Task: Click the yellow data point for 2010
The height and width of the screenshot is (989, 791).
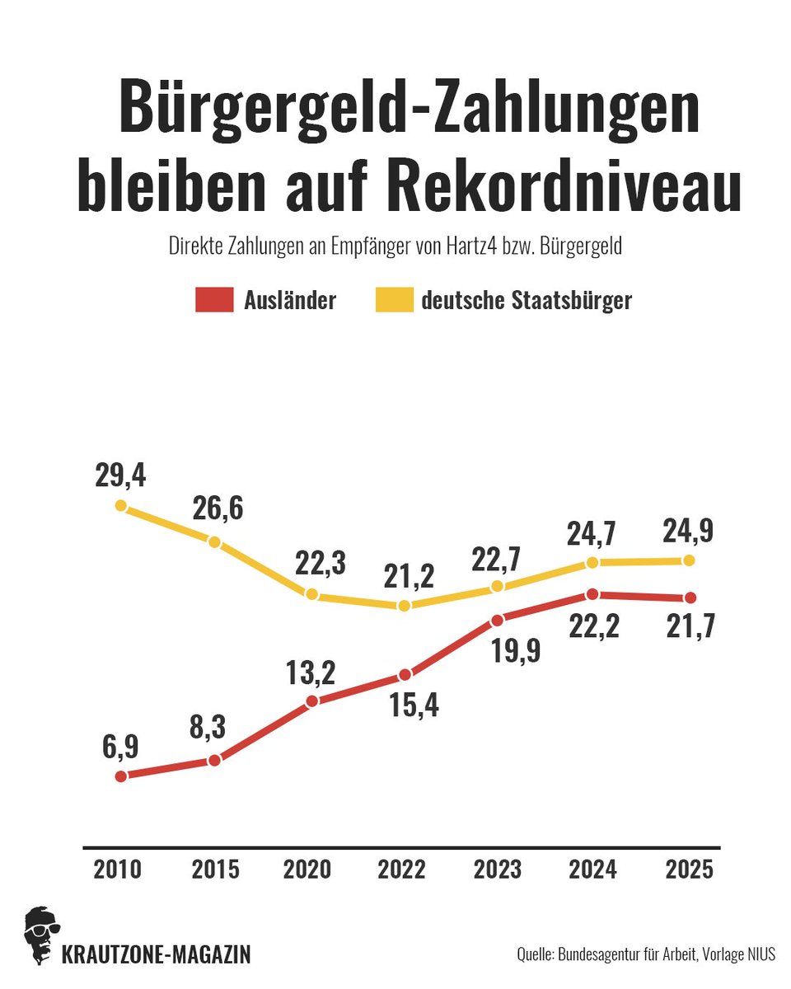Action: tap(121, 505)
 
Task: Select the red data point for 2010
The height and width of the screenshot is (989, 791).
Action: tap(121, 776)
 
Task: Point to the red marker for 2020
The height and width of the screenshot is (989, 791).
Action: tap(311, 701)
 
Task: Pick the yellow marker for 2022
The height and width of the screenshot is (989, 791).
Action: tap(404, 606)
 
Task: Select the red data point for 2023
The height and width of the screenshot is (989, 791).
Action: tap(497, 620)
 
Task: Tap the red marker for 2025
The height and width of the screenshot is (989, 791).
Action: tap(690, 598)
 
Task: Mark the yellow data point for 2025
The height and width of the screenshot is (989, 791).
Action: tap(690, 560)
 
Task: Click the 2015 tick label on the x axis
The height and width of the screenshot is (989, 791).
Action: tap(215, 869)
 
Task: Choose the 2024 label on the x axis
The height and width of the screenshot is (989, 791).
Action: tap(592, 869)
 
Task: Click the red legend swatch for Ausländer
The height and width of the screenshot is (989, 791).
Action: tap(214, 301)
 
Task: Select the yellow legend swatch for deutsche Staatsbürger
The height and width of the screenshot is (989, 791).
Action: tap(394, 301)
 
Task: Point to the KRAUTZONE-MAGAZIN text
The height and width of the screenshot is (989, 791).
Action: tap(156, 955)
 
